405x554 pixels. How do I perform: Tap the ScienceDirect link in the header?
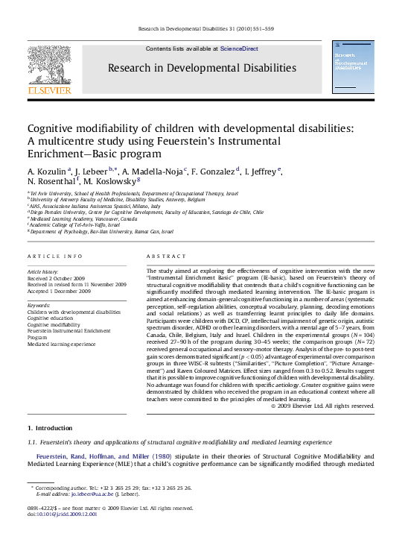(x=239, y=48)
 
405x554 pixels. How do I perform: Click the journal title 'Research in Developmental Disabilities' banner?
(x=202, y=68)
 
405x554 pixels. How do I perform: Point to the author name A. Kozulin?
(x=46, y=171)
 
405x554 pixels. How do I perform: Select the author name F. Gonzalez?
(x=215, y=171)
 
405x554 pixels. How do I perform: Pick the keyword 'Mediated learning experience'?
(x=62, y=344)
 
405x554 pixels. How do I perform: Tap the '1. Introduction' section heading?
(x=50, y=428)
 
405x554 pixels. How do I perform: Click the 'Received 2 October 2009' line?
(x=56, y=279)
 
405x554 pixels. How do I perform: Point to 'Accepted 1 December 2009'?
(x=58, y=292)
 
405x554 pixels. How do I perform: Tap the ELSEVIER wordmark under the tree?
(x=49, y=90)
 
